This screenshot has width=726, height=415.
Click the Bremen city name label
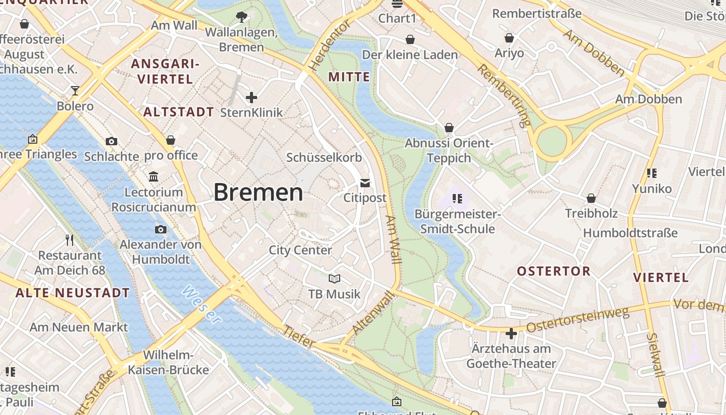[258, 192]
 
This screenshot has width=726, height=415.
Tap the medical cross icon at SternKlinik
[252, 97]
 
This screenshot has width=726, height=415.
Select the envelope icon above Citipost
[365, 183]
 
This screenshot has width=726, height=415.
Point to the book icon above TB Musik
[334, 279]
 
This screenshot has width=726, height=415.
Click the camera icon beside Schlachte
[111, 141]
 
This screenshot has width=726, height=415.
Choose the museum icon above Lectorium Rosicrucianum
[153, 177]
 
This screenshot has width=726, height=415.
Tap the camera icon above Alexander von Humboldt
[161, 229]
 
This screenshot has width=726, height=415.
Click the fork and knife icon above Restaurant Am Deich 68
[70, 240]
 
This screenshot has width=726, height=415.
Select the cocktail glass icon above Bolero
[75, 91]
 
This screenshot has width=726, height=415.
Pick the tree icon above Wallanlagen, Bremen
[241, 17]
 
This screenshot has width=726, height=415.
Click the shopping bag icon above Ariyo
[509, 38]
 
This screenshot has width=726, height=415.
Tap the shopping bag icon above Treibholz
[591, 198]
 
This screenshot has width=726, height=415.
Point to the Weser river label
[202, 305]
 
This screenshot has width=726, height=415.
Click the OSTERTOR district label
[553, 271]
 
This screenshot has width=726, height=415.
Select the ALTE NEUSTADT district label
[73, 293]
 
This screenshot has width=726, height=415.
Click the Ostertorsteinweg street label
[577, 320]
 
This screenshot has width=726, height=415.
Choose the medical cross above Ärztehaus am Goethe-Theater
[511, 333]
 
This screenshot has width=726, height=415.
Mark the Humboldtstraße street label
[630, 233]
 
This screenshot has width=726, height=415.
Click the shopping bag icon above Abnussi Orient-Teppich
[449, 128]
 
